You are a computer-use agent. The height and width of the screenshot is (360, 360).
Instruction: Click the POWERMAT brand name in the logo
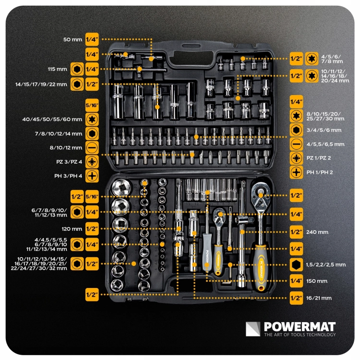coord(300,326)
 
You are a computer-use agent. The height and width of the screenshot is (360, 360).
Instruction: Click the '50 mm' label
coord(72,39)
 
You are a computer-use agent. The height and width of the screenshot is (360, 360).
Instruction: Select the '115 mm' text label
coord(58,69)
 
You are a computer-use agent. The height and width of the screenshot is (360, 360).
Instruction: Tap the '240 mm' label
coord(317,232)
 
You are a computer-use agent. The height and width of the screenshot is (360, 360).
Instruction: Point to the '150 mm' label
coord(317,281)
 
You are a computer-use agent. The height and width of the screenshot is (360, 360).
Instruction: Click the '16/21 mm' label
coord(319,298)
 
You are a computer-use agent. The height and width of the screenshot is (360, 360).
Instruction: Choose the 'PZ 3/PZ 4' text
coord(69,162)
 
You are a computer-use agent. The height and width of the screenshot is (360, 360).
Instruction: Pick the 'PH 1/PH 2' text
coord(320,172)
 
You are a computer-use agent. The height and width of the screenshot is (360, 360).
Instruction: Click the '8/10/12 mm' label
coord(66,148)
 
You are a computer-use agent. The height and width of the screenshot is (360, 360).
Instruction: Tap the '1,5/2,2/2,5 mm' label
coord(326,264)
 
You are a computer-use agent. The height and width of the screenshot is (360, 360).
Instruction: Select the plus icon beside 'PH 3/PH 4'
coord(92,176)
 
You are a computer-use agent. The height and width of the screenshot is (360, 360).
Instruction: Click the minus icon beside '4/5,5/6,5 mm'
coord(297,144)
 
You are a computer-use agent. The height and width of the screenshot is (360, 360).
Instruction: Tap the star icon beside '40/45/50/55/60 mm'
coord(92,120)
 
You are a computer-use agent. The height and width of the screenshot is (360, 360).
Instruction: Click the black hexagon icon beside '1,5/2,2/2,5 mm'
coord(297,264)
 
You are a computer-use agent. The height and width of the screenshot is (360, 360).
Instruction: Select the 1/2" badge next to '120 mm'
coord(92,229)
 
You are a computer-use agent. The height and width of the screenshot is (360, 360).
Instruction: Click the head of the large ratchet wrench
coord(261,194)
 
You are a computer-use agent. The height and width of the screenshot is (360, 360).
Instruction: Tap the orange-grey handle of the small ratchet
coord(218,259)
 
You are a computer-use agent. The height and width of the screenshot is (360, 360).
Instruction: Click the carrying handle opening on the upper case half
coord(192,58)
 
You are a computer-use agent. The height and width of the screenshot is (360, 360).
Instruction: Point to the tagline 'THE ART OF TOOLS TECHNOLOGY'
coord(300,335)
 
